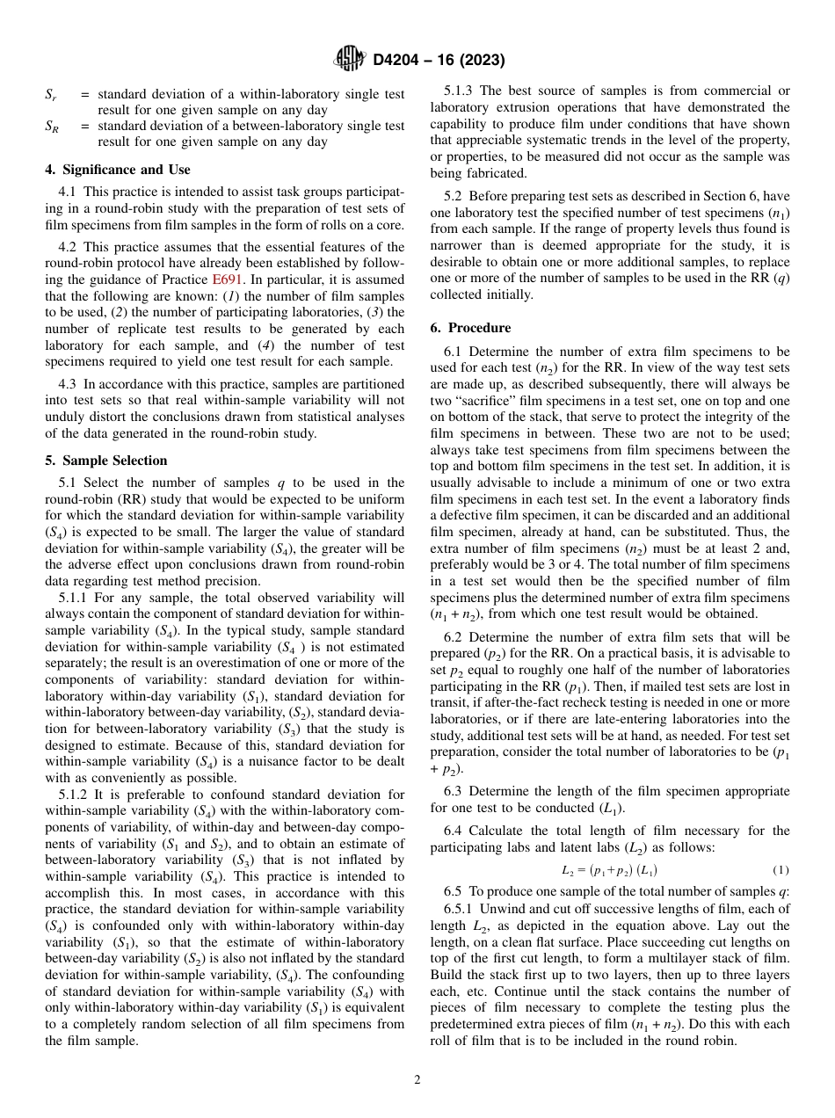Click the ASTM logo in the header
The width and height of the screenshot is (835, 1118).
pos(351,60)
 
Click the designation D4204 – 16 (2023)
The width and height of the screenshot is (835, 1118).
pos(439,60)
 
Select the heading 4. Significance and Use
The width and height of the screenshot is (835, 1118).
pos(117,170)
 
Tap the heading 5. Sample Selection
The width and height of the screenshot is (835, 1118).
pos(105,461)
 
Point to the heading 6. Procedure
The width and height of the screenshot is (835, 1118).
pos(470,328)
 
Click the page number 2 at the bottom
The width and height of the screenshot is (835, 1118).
pos(417,1080)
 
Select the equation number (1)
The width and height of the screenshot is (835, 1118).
pos(781,870)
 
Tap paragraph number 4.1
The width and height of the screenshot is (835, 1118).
pos(67,191)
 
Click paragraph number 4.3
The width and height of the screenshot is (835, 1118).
pos(67,384)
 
